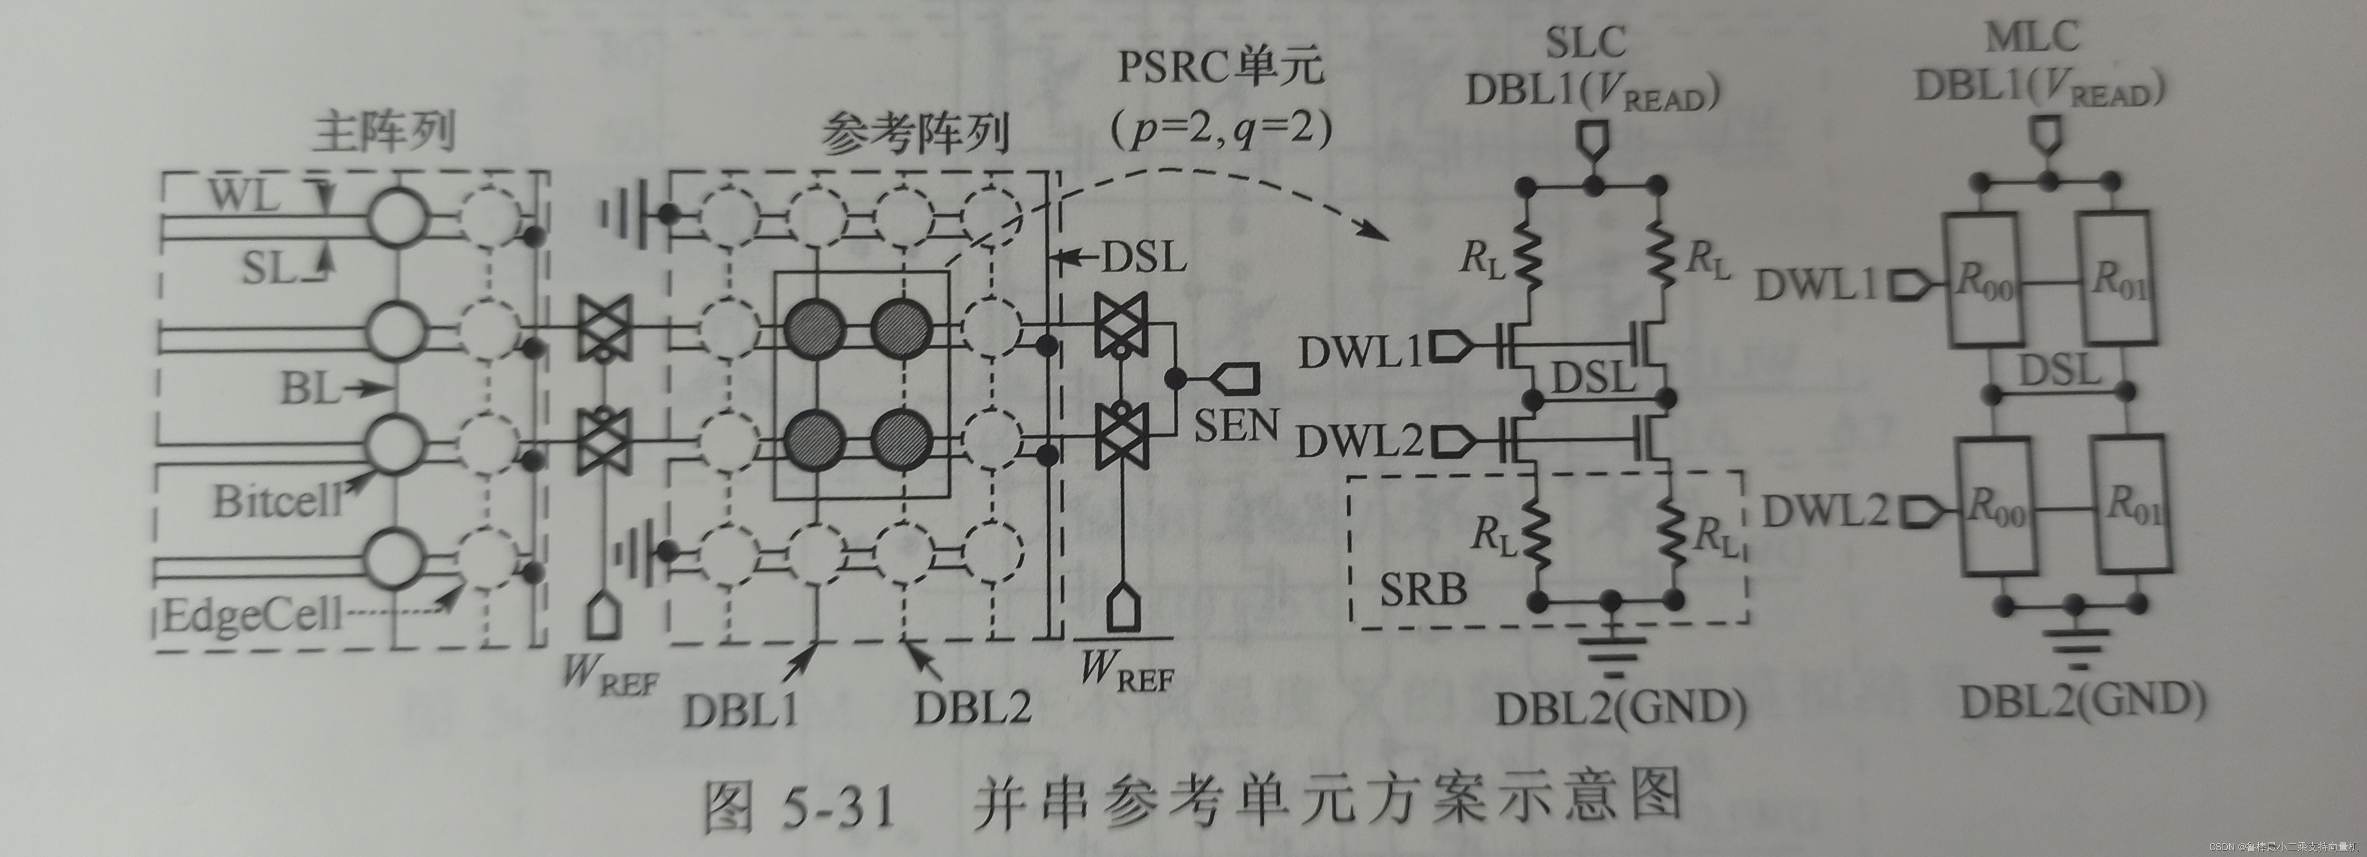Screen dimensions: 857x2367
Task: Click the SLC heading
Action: pyautogui.click(x=1585, y=41)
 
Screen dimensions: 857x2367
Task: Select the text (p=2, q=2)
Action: pyautogui.click(x=1220, y=131)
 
